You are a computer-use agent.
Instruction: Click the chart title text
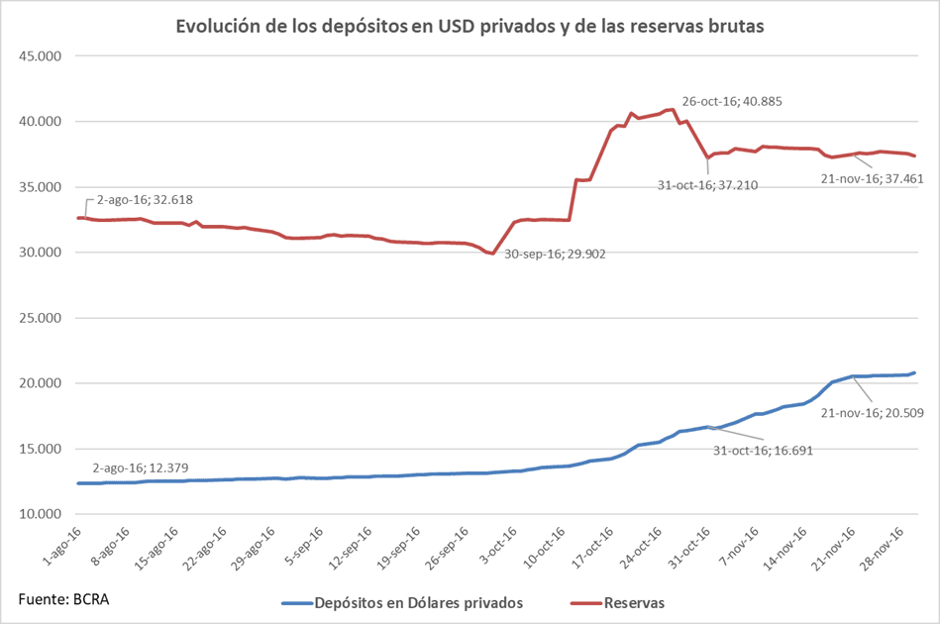tap(470, 27)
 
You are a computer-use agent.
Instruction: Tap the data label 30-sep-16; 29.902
tap(555, 254)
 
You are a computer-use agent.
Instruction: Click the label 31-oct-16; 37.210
tap(708, 184)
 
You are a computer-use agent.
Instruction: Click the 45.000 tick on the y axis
tap(41, 55)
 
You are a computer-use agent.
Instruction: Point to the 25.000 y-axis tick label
tap(41, 318)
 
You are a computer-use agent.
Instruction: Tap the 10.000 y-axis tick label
tap(41, 514)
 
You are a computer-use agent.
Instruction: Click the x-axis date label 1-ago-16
tap(67, 546)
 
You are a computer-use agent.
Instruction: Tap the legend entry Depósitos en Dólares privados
tap(408, 602)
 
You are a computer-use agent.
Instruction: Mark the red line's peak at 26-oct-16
tap(673, 109)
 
